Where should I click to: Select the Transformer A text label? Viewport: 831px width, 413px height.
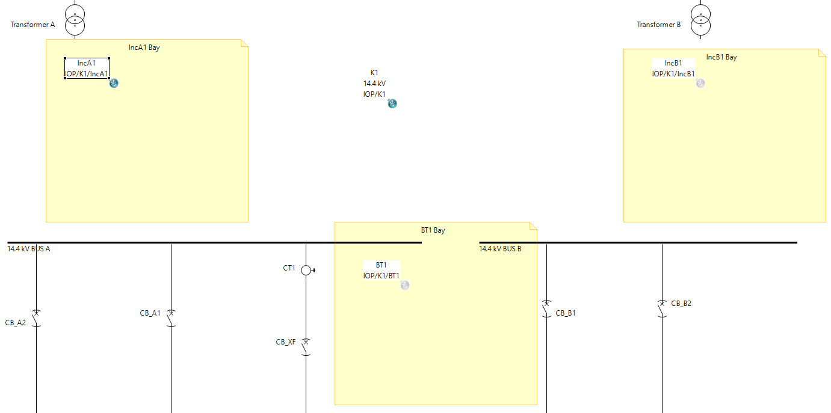click(32, 25)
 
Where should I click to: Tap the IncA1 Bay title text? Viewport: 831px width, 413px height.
click(144, 47)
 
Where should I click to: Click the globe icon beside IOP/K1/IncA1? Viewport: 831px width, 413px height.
click(114, 83)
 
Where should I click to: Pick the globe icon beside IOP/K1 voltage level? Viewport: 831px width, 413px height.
click(392, 103)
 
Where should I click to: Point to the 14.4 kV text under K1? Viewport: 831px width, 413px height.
click(374, 84)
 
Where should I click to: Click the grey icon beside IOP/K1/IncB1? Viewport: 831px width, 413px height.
click(700, 83)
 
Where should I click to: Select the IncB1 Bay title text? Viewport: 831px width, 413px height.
click(721, 57)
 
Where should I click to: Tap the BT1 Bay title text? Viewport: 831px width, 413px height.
click(433, 230)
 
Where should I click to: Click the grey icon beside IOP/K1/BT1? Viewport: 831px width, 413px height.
click(405, 285)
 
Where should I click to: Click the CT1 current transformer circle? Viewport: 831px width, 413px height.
click(306, 271)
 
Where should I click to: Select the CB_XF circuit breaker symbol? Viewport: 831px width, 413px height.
click(306, 347)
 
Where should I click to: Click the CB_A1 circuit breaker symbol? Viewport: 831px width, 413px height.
click(171, 318)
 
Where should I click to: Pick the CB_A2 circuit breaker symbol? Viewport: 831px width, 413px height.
click(36, 318)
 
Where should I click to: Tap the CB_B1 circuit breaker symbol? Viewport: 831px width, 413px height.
click(546, 308)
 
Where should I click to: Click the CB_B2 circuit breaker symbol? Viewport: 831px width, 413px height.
click(662, 308)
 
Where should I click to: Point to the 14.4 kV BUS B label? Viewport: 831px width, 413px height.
click(500, 249)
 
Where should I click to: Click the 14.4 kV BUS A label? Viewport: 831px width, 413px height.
click(28, 249)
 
